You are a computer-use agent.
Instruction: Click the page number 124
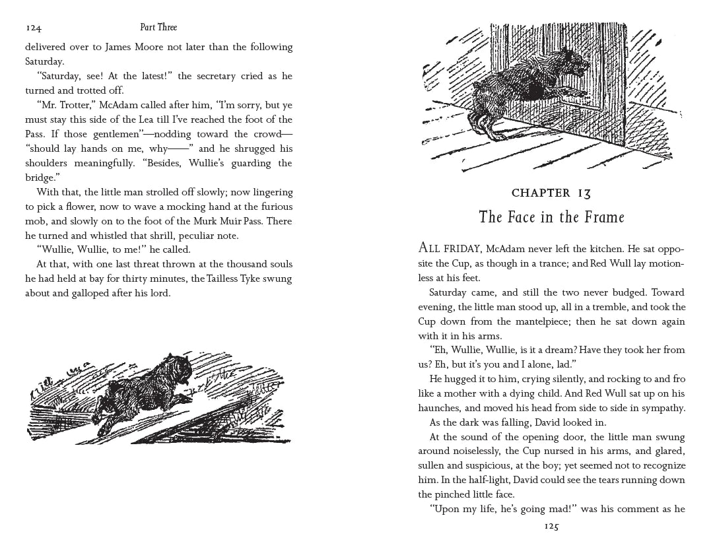coord(34,28)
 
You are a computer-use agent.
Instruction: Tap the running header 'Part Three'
coord(158,28)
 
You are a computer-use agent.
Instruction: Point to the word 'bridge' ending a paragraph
coord(40,178)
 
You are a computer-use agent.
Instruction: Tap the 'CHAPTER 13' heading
coord(551,193)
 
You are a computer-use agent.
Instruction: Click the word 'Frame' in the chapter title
coord(602,217)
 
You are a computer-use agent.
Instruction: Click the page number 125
coord(551,527)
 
